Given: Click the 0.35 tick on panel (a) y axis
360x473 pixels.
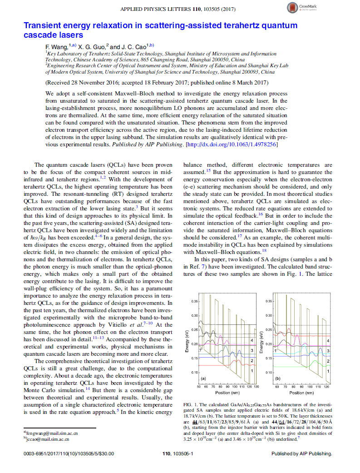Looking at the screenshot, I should pyautogui.click(x=194, y=301).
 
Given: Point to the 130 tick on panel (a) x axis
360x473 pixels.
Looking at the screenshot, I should pyautogui.click(x=256, y=387).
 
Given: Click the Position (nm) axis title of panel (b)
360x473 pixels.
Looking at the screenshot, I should pyautogui.click(x=302, y=393).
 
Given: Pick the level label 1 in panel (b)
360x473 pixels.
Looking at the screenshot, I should pyautogui.click(x=327, y=371).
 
